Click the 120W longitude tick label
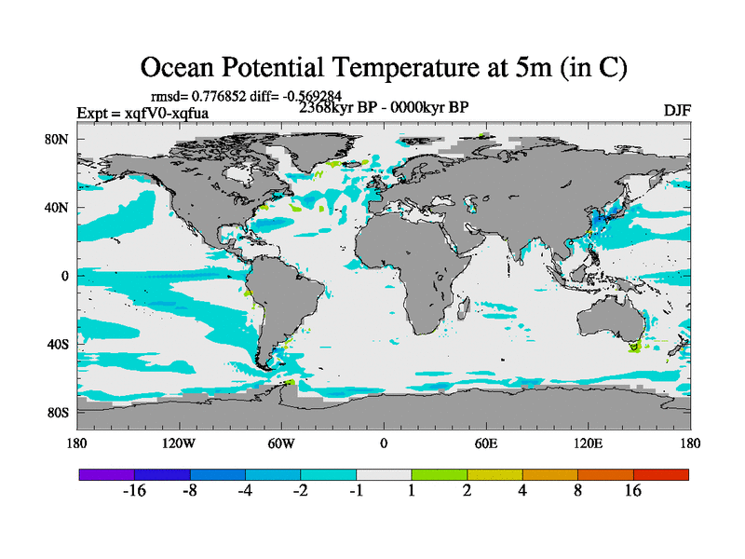[x=178, y=443]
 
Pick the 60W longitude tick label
[x=280, y=443]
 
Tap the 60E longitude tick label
[x=485, y=443]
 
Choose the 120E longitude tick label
[x=588, y=443]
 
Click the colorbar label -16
[x=135, y=492]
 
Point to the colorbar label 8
[x=577, y=492]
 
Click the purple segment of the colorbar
[x=107, y=474]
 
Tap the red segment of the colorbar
[x=660, y=474]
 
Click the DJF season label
[x=676, y=110]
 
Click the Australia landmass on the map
[x=616, y=321]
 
